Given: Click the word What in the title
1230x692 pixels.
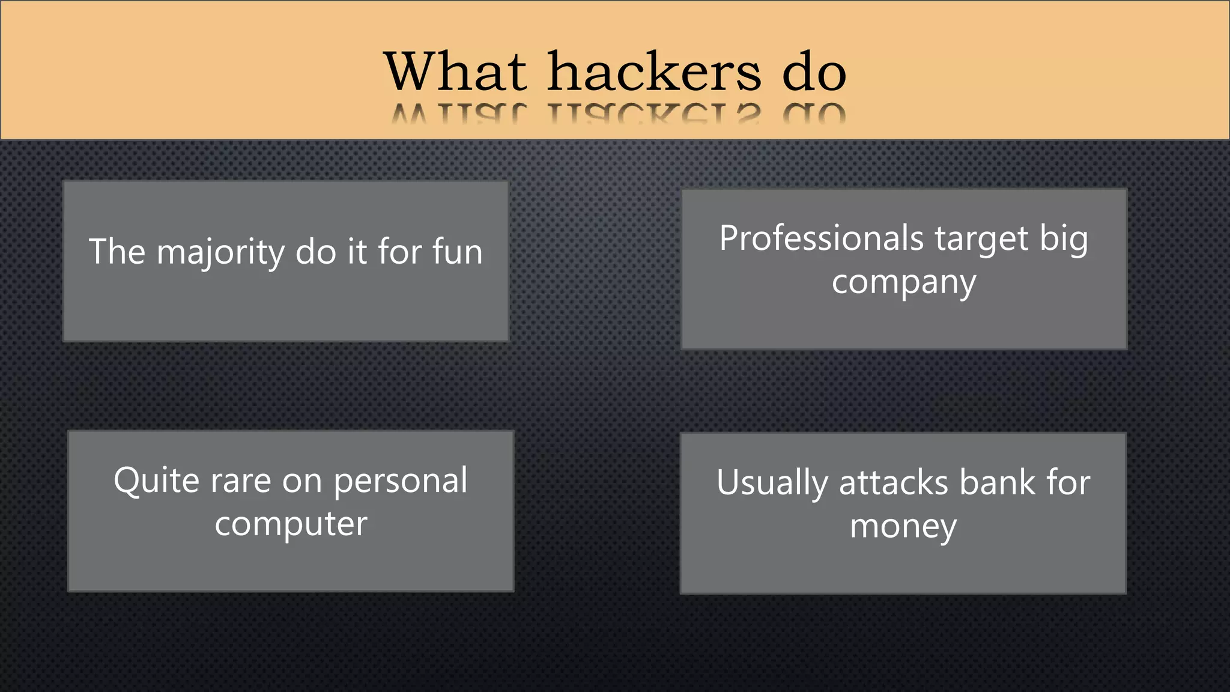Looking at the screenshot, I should [455, 72].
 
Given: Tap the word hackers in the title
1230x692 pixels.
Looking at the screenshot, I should [655, 72].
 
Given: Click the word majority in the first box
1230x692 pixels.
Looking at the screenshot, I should [220, 252].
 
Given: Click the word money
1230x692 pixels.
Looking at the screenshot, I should [903, 528].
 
